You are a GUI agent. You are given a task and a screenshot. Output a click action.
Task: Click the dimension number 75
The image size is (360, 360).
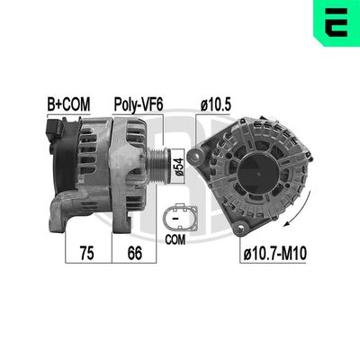tap(87, 255)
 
